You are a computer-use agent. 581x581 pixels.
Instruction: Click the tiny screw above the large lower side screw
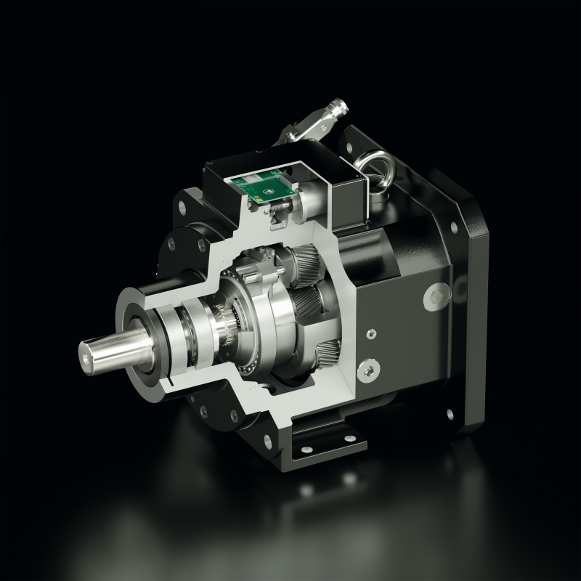(x=371, y=335)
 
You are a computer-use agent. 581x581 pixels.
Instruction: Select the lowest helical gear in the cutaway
(x=330, y=352)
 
